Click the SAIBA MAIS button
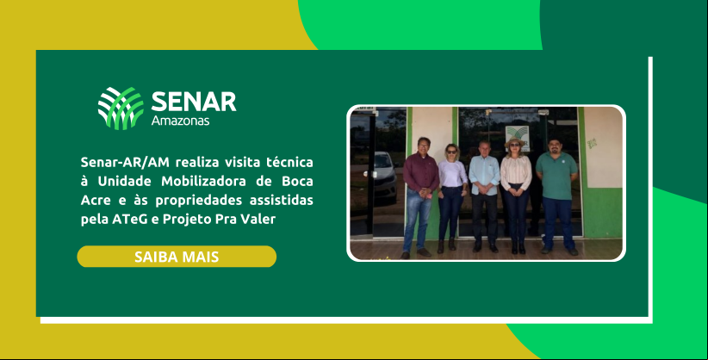point(177,257)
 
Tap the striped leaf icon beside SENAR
point(121,109)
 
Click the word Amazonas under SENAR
point(180,121)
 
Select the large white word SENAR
point(194,101)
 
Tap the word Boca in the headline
point(297,181)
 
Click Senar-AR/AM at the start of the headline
point(121,162)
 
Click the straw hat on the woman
point(515,142)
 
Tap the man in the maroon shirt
point(420,197)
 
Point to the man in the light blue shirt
point(484,196)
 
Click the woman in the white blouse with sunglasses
point(452,197)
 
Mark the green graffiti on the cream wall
point(592,143)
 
